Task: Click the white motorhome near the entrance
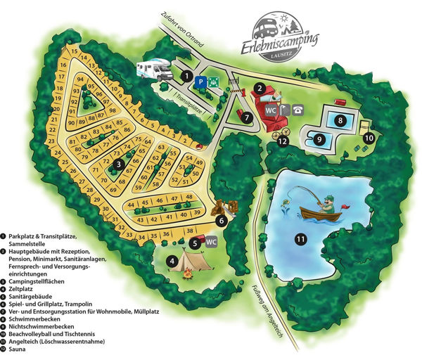click(x=156, y=70)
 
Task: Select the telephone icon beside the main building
click(x=298, y=109)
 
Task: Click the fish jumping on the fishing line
click(x=287, y=205)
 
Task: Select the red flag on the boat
click(x=344, y=205)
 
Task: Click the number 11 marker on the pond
click(x=300, y=240)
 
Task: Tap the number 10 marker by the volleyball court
click(x=369, y=138)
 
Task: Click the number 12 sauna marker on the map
click(x=283, y=140)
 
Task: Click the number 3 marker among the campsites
click(x=119, y=164)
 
